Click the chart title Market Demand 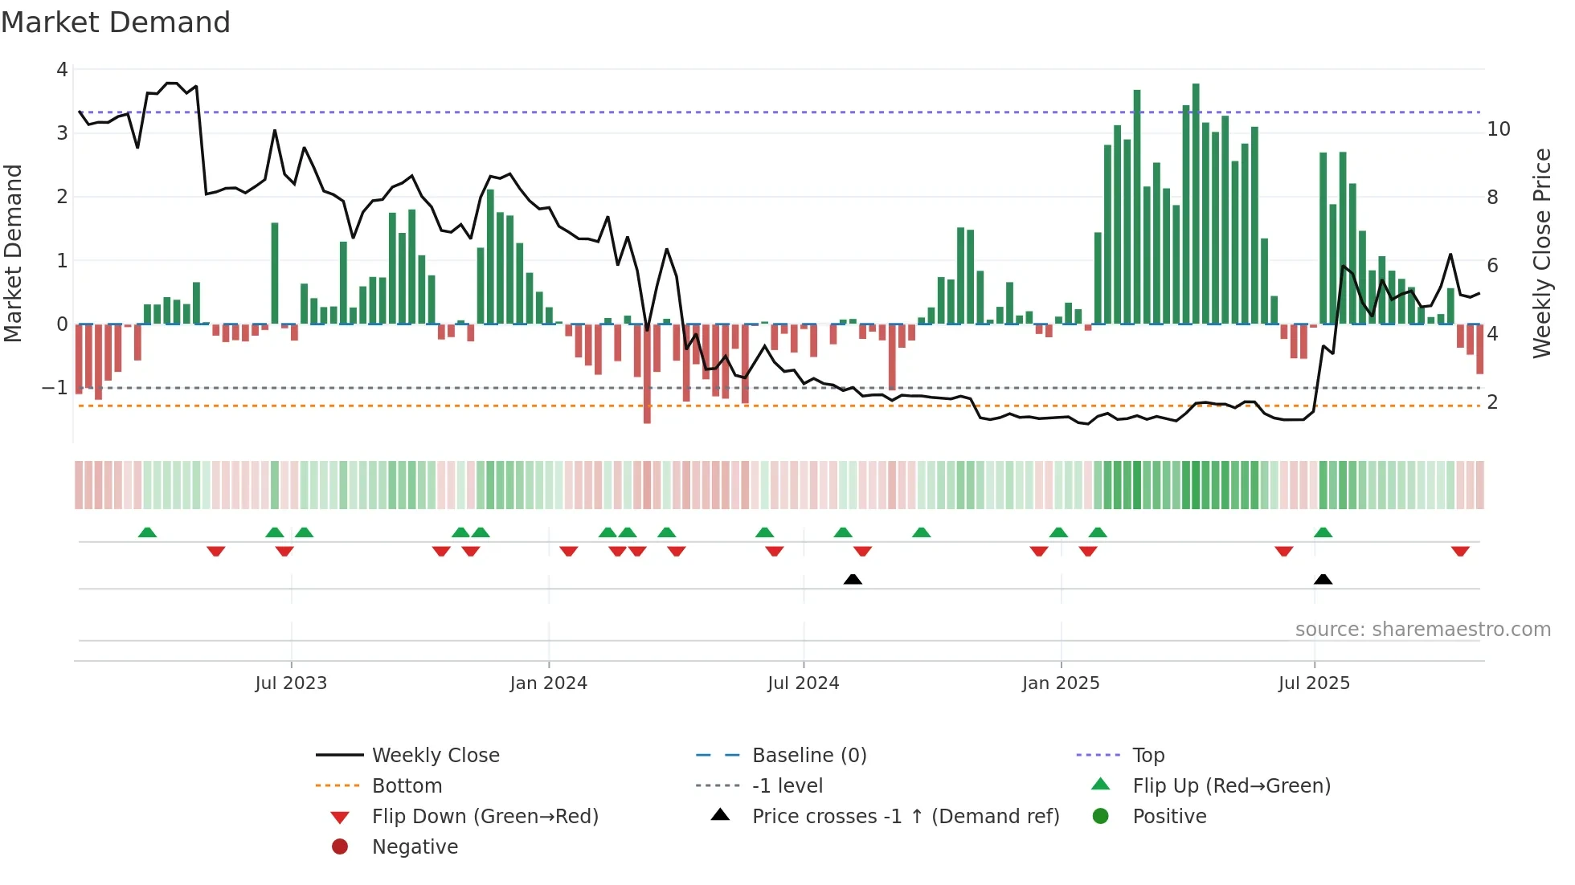[x=116, y=22]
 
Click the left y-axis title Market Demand [x=14, y=253]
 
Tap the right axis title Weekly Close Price [x=1541, y=253]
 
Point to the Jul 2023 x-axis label [x=291, y=683]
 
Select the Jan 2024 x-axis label [x=548, y=683]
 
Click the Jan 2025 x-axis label [x=1061, y=683]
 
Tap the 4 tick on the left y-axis [x=62, y=70]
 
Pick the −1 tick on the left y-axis [x=55, y=388]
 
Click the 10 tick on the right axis [x=1499, y=129]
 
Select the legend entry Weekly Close [x=435, y=756]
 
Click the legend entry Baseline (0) [x=808, y=756]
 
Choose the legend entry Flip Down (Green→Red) [x=485, y=817]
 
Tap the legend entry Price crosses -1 [x=905, y=817]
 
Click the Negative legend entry [x=415, y=847]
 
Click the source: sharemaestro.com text [x=1422, y=630]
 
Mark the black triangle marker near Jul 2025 [x=1323, y=579]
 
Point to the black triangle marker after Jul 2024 [x=853, y=579]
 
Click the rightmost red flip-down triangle [x=1460, y=551]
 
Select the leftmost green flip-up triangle [x=147, y=532]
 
